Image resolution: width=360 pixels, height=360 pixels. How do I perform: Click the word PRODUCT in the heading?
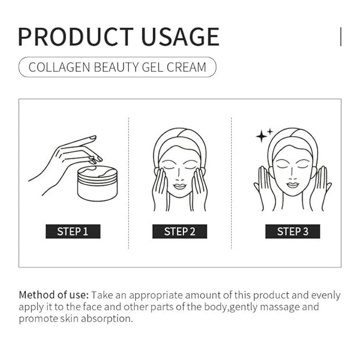point(75,37)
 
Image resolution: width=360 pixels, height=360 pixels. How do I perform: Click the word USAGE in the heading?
point(181,37)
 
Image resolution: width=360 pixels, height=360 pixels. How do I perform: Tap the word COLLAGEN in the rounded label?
point(59,67)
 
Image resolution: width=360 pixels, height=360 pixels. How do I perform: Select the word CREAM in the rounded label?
point(186,67)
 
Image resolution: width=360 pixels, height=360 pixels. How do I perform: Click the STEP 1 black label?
point(73,232)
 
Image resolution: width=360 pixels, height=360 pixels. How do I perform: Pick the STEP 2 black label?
point(180,232)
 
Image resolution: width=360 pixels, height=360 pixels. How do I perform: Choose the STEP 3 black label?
point(293,232)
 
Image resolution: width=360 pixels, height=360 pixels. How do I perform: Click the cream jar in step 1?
point(98,183)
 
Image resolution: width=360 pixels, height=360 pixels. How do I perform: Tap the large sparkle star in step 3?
point(261,136)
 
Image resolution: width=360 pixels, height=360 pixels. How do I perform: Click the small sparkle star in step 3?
point(270,132)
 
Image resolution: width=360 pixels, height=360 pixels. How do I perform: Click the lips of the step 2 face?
point(179,186)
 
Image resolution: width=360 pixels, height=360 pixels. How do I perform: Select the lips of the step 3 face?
point(293,185)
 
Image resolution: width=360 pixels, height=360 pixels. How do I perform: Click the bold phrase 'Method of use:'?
point(54,295)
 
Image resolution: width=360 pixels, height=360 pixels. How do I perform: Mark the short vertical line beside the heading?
point(341,37)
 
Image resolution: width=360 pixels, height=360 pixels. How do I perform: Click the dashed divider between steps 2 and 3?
point(232,183)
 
